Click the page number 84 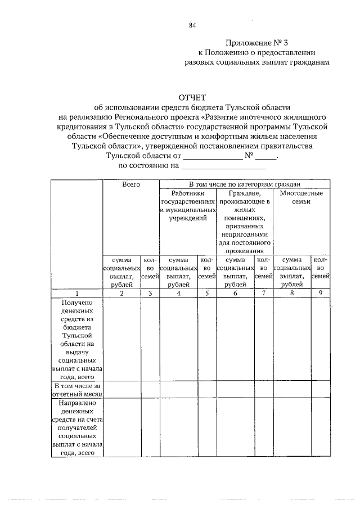click(193, 25)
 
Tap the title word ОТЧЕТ click(192, 99)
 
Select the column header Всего click(131, 184)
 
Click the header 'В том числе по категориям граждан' click(244, 184)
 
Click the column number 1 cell click(77, 294)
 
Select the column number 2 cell click(121, 294)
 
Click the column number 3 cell click(150, 294)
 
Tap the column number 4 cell click(178, 294)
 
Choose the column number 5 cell click(206, 294)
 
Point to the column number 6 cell click(235, 294)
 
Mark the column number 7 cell click(263, 294)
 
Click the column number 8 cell click(291, 294)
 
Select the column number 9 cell click(320, 294)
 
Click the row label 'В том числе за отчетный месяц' click(77, 389)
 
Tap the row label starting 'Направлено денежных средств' click(77, 427)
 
